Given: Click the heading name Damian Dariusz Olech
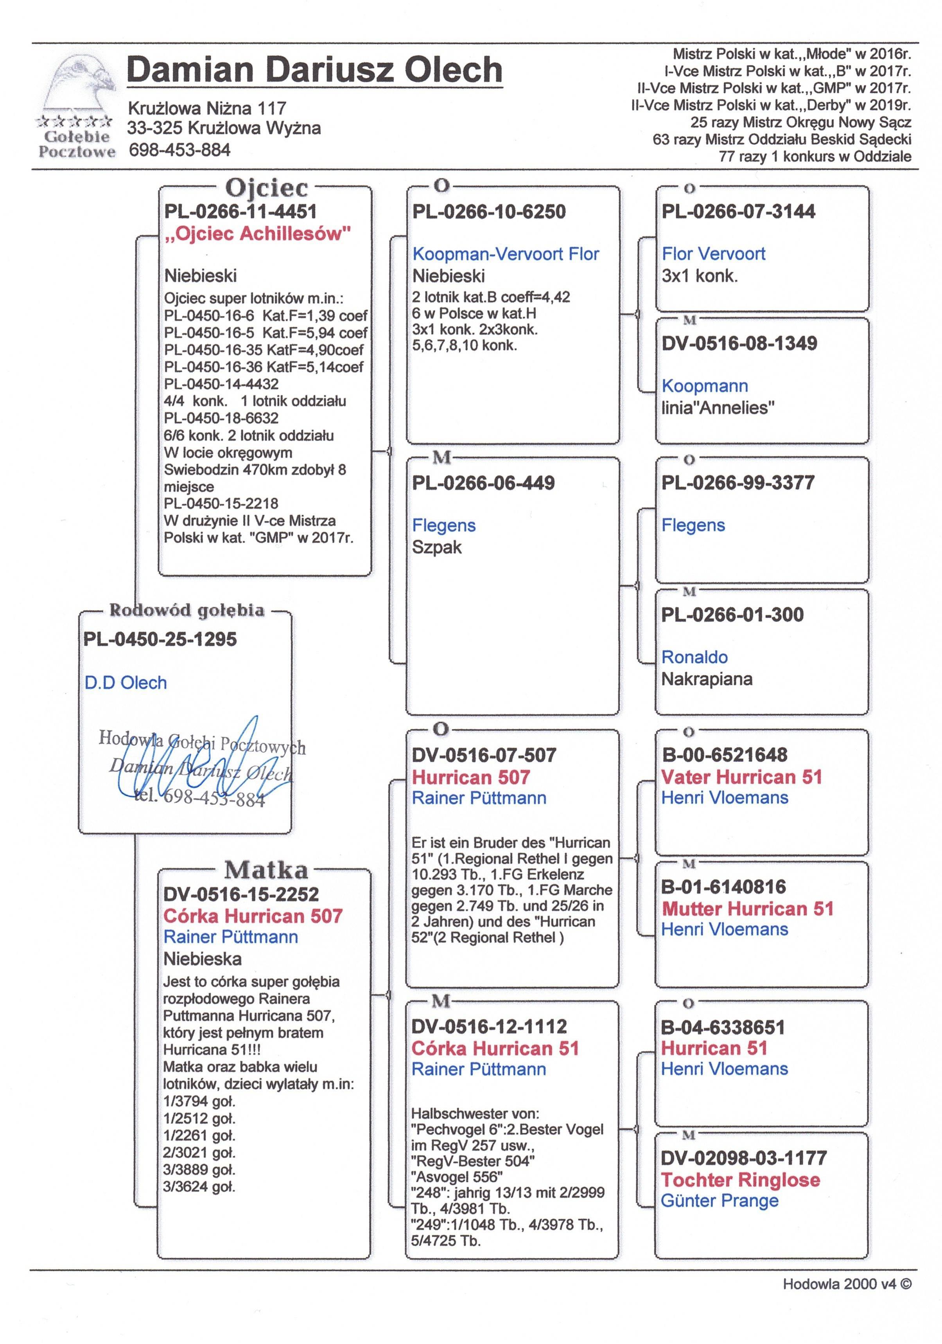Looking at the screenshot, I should click(x=314, y=70).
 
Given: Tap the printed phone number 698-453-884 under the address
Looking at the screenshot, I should click(x=179, y=150).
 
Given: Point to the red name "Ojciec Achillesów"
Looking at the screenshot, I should click(x=257, y=234).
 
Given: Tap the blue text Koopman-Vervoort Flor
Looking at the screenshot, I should click(x=506, y=254).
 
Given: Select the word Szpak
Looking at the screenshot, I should click(x=436, y=547).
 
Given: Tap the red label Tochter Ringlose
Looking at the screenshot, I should click(x=740, y=1180).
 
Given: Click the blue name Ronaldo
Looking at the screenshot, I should click(x=694, y=657).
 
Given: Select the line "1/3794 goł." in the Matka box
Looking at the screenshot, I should click(x=199, y=1101).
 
